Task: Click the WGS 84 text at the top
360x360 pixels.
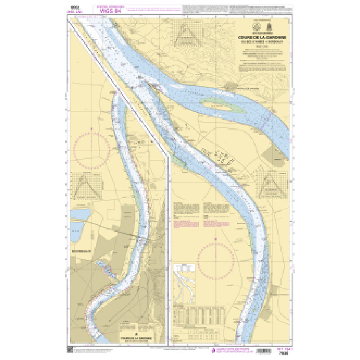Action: pos(109,11)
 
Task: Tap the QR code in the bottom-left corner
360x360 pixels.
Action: pos(70,350)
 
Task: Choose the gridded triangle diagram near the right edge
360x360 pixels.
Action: pos(271,184)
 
